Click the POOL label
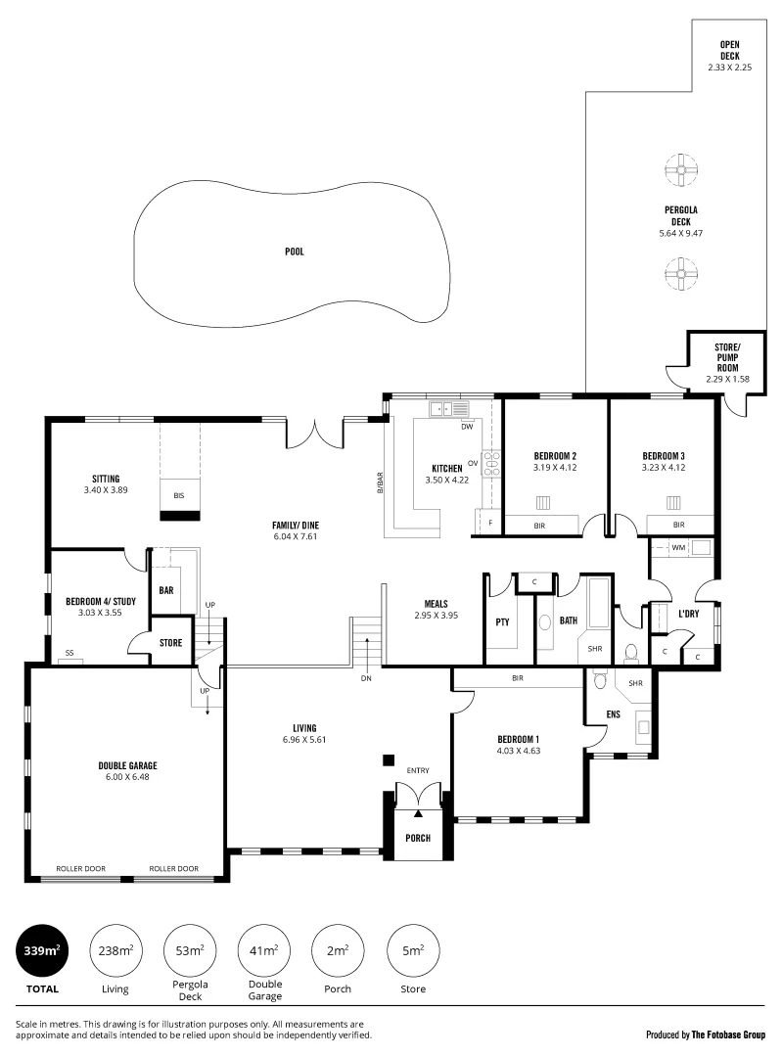click(295, 252)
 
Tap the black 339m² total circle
click(41, 950)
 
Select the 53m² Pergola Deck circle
click(189, 950)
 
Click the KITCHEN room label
click(447, 468)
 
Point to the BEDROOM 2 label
click(554, 456)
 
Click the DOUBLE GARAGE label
click(127, 765)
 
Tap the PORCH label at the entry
click(418, 838)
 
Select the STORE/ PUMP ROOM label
click(726, 357)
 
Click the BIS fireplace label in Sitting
click(179, 496)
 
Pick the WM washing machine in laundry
click(678, 547)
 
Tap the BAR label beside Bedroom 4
click(166, 590)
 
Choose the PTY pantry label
click(502, 620)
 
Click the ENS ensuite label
click(613, 714)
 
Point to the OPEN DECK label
click(729, 51)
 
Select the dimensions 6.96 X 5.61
click(303, 740)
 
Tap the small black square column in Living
click(389, 759)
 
